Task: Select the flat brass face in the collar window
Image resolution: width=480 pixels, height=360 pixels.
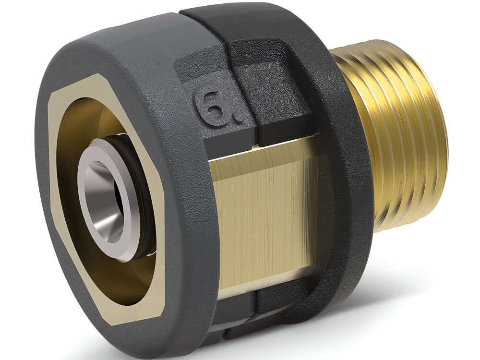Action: (263, 214)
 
